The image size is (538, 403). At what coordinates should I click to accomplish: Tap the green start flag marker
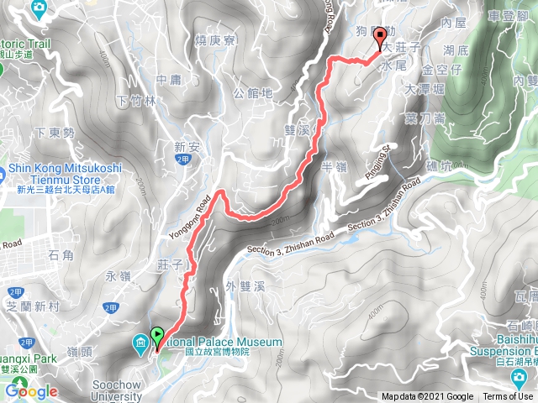[157, 339]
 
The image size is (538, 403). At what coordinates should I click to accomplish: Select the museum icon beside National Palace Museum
[140, 343]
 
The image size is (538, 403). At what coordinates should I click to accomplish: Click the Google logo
[31, 391]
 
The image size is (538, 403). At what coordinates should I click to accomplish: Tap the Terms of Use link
[507, 397]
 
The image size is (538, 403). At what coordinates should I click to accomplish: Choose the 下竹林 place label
[136, 101]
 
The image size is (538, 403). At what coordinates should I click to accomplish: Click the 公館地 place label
[253, 93]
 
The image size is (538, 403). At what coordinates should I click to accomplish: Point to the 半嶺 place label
[335, 168]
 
